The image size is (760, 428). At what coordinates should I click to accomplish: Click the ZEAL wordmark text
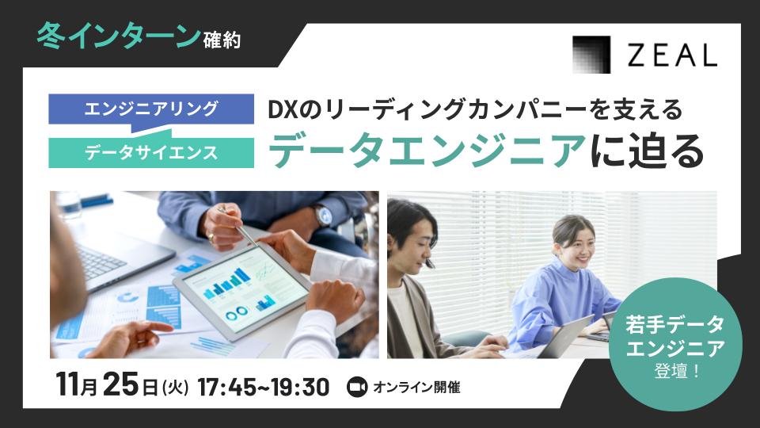click(671, 55)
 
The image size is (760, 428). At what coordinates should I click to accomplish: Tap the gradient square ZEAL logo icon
click(592, 55)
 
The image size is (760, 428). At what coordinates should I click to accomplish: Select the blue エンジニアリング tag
click(151, 109)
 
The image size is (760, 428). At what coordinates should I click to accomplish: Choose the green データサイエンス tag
click(151, 153)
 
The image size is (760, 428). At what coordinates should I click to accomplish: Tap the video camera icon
click(358, 388)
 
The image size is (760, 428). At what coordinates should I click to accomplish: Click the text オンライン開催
click(416, 388)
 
